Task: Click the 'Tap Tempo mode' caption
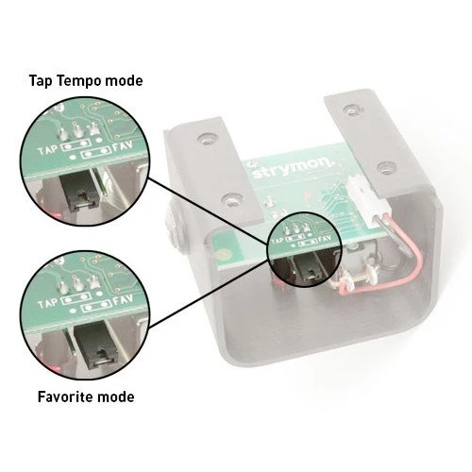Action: (x=86, y=81)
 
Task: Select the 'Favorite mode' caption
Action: (x=86, y=396)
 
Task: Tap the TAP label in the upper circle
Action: (x=48, y=150)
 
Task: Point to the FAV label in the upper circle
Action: (x=123, y=145)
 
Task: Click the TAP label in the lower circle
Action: (x=48, y=304)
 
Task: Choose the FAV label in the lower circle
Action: (x=123, y=299)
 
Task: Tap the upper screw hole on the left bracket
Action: (x=207, y=139)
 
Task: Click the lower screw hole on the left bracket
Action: (x=232, y=200)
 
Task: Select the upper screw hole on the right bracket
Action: (x=354, y=110)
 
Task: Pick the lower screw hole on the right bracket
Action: (x=386, y=168)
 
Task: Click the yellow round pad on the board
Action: (x=224, y=253)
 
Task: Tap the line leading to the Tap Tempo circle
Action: (x=209, y=211)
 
